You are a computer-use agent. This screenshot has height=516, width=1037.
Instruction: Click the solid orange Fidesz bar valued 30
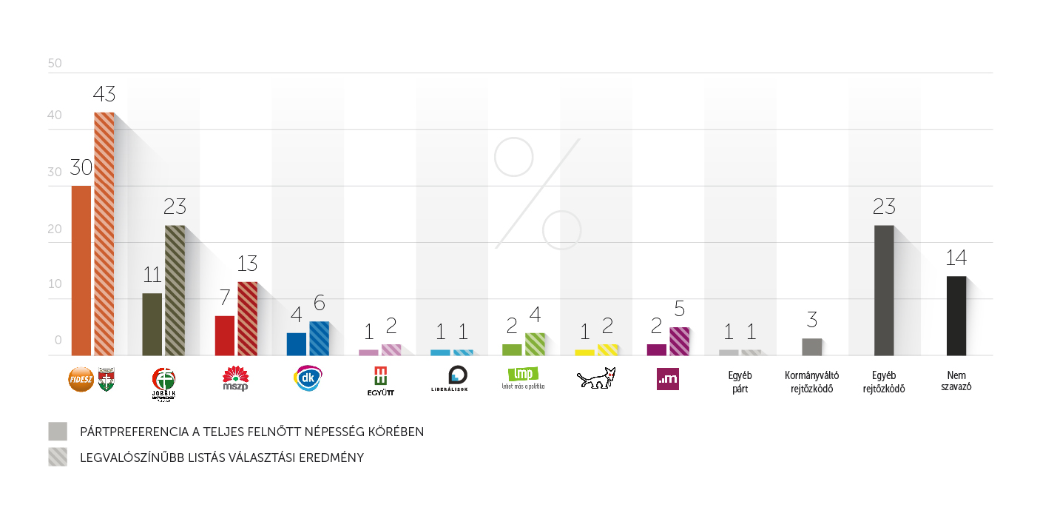click(81, 270)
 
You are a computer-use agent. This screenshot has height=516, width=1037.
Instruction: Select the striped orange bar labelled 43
click(104, 234)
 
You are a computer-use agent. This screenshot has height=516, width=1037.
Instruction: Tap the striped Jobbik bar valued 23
click(175, 290)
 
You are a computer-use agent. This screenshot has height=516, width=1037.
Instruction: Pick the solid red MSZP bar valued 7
click(225, 335)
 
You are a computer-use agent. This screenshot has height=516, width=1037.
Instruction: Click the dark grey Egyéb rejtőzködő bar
click(884, 290)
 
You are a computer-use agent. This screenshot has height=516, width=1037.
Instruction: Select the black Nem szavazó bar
click(956, 315)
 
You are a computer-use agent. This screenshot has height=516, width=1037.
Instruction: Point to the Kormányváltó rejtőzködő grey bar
click(811, 346)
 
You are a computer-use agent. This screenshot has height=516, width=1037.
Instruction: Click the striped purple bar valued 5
click(679, 341)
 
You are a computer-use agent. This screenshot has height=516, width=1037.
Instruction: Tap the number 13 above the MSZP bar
click(247, 264)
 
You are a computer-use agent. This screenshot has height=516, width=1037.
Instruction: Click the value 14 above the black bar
click(956, 258)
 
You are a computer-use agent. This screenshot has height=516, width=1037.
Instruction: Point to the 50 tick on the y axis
click(55, 64)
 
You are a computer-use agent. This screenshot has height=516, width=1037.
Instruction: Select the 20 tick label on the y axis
click(55, 229)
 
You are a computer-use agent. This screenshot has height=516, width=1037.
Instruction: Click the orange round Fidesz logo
click(81, 379)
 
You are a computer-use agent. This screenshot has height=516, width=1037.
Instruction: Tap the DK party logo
click(308, 378)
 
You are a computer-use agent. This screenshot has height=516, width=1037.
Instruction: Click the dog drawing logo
click(596, 378)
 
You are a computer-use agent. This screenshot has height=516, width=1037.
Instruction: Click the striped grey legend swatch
click(58, 457)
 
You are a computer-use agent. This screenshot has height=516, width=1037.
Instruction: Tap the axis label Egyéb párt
click(740, 382)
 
